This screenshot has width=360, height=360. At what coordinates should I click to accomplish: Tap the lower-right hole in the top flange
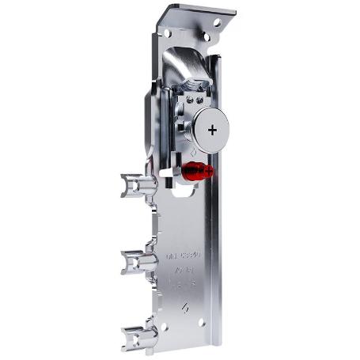tap(207, 36)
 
